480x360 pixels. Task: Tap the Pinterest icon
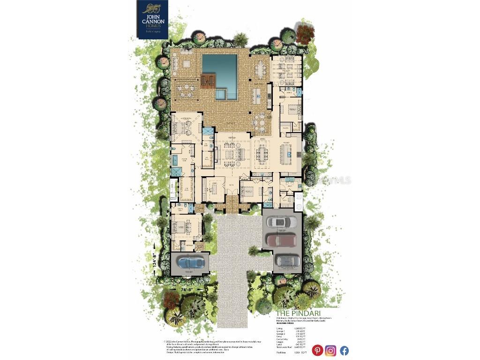317,350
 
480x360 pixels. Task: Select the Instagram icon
330,350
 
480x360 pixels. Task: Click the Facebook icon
344,350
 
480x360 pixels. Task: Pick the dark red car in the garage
282,240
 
